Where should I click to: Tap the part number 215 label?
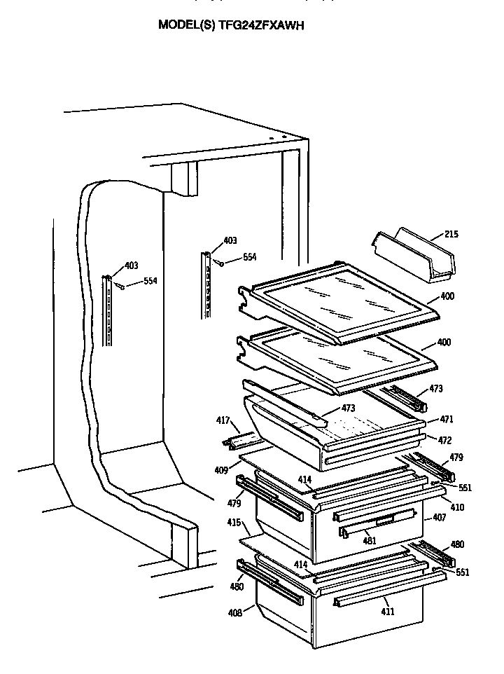coord(451,234)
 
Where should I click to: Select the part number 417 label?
coord(223,421)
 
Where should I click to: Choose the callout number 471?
coord(447,420)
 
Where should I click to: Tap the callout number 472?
coord(445,440)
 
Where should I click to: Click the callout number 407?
coord(439,519)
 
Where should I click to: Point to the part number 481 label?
coord(370,540)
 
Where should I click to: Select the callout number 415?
coord(234,522)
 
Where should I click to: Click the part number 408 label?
coord(235,612)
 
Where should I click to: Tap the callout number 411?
coord(388,611)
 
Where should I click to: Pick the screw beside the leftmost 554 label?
coord(120,285)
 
